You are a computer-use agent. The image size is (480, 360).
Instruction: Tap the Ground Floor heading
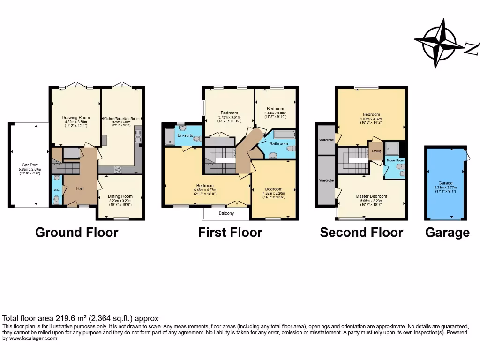[x=77, y=232]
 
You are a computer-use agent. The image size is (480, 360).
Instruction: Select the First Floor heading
[x=230, y=232]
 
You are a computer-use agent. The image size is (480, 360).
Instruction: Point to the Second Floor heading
[x=361, y=232]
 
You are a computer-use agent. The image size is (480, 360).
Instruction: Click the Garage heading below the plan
[x=447, y=232]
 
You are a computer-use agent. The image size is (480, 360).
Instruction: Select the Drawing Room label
[x=76, y=118]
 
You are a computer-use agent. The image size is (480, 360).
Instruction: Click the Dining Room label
[x=120, y=196]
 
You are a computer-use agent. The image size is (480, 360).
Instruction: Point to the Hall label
[x=80, y=188]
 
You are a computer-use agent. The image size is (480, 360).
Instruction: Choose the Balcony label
[x=226, y=213]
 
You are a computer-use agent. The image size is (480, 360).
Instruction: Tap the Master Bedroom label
[x=372, y=196]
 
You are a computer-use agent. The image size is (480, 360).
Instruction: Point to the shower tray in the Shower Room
[x=391, y=149]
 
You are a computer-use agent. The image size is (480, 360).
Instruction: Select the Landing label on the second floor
[x=376, y=151]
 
